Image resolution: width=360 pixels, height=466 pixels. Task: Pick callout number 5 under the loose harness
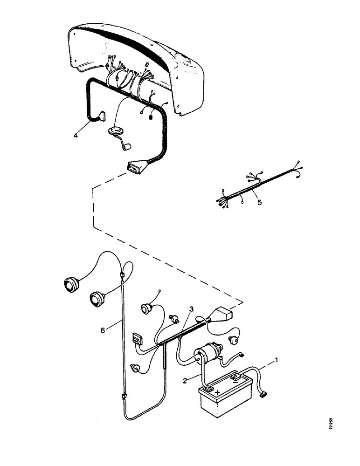(259, 203)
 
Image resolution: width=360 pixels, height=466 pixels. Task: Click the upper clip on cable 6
(123, 276)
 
